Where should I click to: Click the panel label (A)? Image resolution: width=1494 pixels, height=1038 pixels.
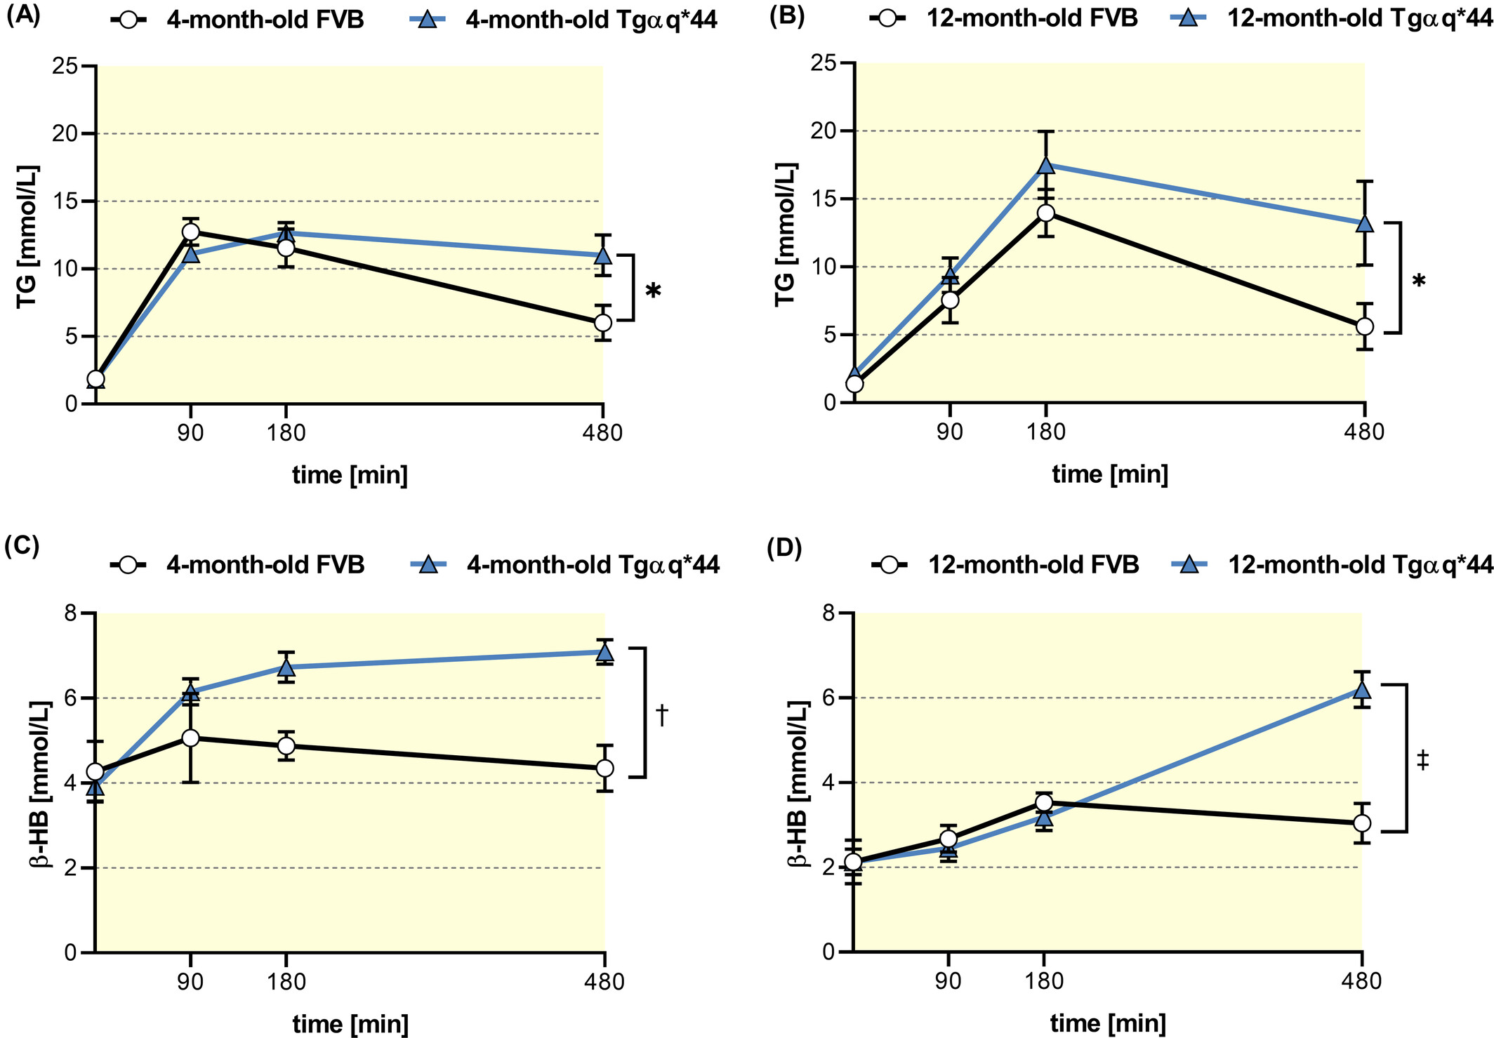point(23,16)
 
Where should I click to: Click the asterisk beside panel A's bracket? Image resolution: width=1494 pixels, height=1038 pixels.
point(653,291)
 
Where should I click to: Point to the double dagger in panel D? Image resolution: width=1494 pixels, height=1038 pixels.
point(1422,759)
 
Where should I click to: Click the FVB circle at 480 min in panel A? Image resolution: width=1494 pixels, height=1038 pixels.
point(603,323)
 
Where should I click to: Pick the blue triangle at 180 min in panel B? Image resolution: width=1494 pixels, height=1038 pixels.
point(1046,164)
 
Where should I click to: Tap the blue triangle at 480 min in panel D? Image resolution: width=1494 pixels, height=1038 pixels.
point(1362,688)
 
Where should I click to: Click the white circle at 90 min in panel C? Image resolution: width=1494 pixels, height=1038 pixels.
point(190,738)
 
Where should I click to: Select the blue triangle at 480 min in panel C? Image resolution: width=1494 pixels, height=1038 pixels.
point(604,652)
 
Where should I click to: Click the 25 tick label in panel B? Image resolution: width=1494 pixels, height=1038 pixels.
point(824,64)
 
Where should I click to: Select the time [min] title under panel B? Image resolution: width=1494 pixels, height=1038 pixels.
point(1110,475)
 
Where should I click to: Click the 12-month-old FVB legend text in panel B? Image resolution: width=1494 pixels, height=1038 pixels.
point(1033,18)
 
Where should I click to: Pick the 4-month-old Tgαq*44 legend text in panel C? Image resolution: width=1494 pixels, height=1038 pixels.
point(593,565)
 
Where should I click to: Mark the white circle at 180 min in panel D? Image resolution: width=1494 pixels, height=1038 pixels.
point(1045,803)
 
